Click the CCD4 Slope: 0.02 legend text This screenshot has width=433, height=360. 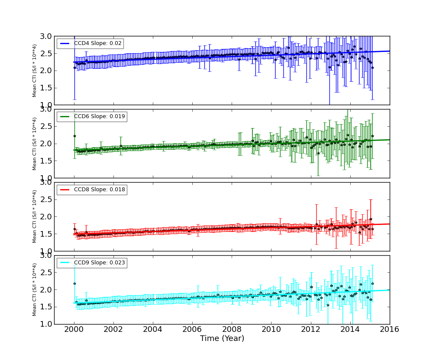[97, 44]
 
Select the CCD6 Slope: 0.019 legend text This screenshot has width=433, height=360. [99, 117]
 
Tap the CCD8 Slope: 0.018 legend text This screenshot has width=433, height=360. [99, 190]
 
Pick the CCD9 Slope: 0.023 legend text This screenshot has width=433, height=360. [99, 263]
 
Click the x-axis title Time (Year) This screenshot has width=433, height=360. [222, 339]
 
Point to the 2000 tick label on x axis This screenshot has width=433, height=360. [74, 329]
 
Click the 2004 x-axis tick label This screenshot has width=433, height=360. [153, 329]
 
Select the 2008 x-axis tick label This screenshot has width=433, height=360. [232, 329]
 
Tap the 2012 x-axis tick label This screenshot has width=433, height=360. [310, 329]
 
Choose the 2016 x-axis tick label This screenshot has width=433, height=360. [389, 329]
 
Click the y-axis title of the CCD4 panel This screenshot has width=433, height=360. [35, 71]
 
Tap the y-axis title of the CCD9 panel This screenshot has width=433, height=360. [35, 289]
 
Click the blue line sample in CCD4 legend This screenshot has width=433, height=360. [65, 44]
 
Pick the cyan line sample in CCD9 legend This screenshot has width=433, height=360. [65, 263]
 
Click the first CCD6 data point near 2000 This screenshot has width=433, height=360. [74, 136]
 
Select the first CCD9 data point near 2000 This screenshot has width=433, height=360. [74, 283]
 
